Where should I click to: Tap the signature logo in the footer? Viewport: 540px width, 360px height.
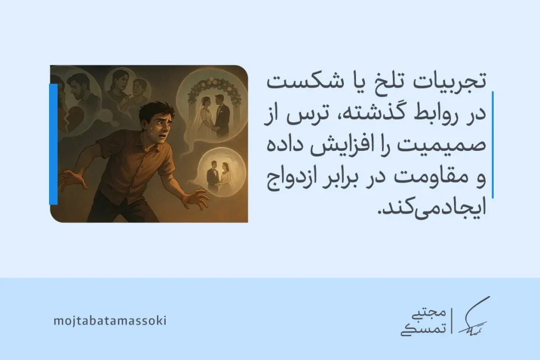(x=472, y=318)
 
